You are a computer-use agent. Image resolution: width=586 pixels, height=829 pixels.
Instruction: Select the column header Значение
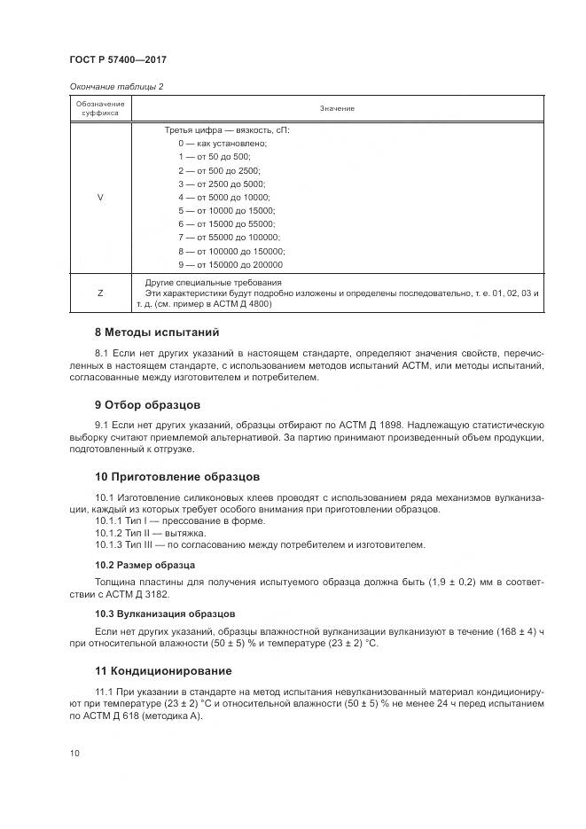(337, 109)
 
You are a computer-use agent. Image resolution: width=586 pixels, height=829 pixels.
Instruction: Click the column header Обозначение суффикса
(99, 109)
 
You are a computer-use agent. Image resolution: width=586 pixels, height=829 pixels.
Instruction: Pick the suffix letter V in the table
(99, 197)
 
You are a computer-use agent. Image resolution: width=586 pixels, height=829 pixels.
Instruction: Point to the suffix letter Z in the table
(99, 292)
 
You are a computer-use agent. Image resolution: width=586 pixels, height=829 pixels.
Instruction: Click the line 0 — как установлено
(222, 143)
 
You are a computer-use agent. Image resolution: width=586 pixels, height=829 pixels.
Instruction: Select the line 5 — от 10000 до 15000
(226, 210)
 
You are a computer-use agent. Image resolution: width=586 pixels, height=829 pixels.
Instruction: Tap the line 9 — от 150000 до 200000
(230, 264)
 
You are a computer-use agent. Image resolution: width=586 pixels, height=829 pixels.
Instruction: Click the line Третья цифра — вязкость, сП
(227, 129)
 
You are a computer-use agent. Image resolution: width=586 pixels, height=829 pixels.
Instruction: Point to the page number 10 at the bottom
(74, 753)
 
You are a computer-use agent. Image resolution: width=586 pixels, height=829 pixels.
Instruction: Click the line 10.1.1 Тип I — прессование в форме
(168, 520)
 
